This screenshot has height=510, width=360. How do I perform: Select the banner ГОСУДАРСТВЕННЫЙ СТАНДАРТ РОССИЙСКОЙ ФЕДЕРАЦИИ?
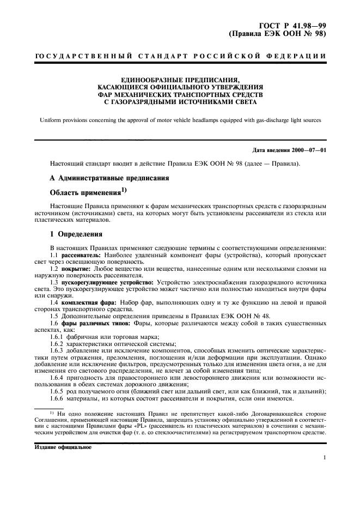[x=180, y=57]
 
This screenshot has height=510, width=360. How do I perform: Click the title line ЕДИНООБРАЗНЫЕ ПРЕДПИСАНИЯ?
[x=180, y=79]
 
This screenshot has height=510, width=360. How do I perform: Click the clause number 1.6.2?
[x=57, y=344]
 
